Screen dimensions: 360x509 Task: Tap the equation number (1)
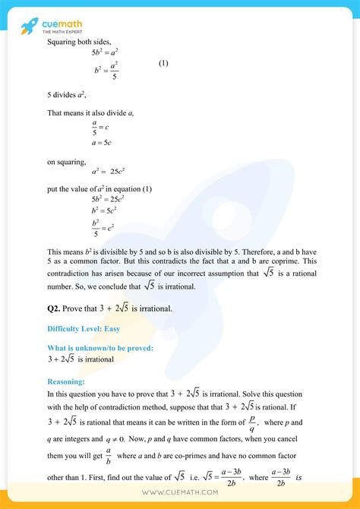tap(163, 63)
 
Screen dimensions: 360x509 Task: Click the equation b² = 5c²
tap(104, 210)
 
